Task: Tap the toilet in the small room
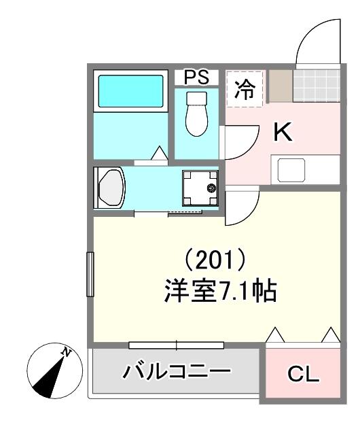(x=196, y=114)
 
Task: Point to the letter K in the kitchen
(x=282, y=133)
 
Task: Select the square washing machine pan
(x=200, y=187)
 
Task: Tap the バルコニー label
(x=177, y=372)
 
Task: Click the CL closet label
(x=303, y=373)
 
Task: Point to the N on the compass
(x=67, y=351)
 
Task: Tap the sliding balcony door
(x=177, y=344)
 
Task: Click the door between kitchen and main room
(x=239, y=207)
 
